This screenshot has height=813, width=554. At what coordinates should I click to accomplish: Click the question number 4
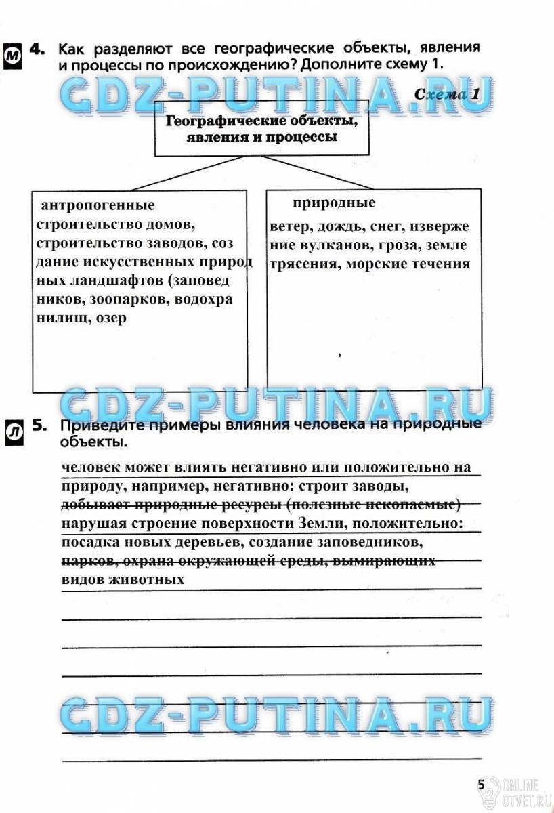tap(38, 49)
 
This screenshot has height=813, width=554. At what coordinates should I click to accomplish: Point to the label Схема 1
tap(446, 94)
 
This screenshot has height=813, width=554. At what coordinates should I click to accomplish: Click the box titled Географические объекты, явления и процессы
tap(261, 129)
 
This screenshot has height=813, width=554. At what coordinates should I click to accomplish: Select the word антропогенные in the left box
tap(98, 205)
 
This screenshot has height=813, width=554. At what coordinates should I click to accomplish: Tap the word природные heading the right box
tap(334, 203)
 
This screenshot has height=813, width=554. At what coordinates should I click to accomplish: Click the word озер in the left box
tap(111, 317)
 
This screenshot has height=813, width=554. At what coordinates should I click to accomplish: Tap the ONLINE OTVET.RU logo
tap(518, 789)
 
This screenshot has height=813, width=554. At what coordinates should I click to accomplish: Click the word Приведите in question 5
tap(102, 425)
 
